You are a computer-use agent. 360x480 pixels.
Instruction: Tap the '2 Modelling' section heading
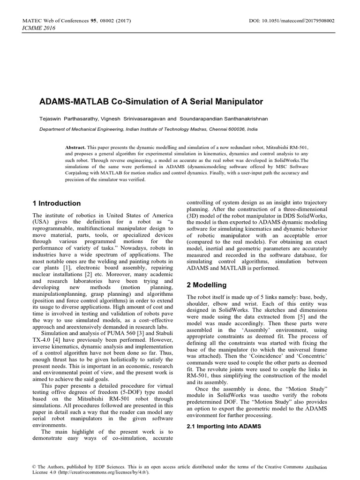coord(206,285)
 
